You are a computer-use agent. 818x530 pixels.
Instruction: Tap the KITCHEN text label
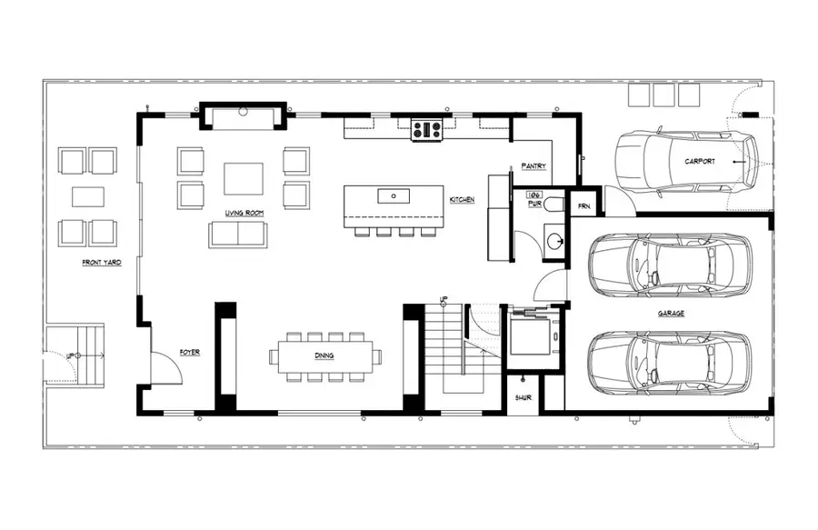[x=462, y=199]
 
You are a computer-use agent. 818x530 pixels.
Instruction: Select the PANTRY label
[x=533, y=167]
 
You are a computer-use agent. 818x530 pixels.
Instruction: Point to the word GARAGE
[x=671, y=313]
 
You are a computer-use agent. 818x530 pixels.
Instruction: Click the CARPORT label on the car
[x=700, y=161]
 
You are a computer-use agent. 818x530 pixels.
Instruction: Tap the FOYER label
[x=189, y=352]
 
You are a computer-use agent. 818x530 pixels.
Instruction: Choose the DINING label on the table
[x=324, y=355]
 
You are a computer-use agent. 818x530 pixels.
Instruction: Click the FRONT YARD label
[x=101, y=263]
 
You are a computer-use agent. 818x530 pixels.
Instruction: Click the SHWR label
[x=523, y=397]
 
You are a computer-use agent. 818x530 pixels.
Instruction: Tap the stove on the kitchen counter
[x=426, y=130]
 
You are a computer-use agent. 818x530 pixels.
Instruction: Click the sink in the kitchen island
[x=394, y=195]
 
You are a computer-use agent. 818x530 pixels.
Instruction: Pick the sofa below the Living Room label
[x=237, y=234]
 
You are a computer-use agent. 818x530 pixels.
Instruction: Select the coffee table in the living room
[x=244, y=178]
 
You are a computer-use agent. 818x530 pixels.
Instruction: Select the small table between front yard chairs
[x=88, y=196]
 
